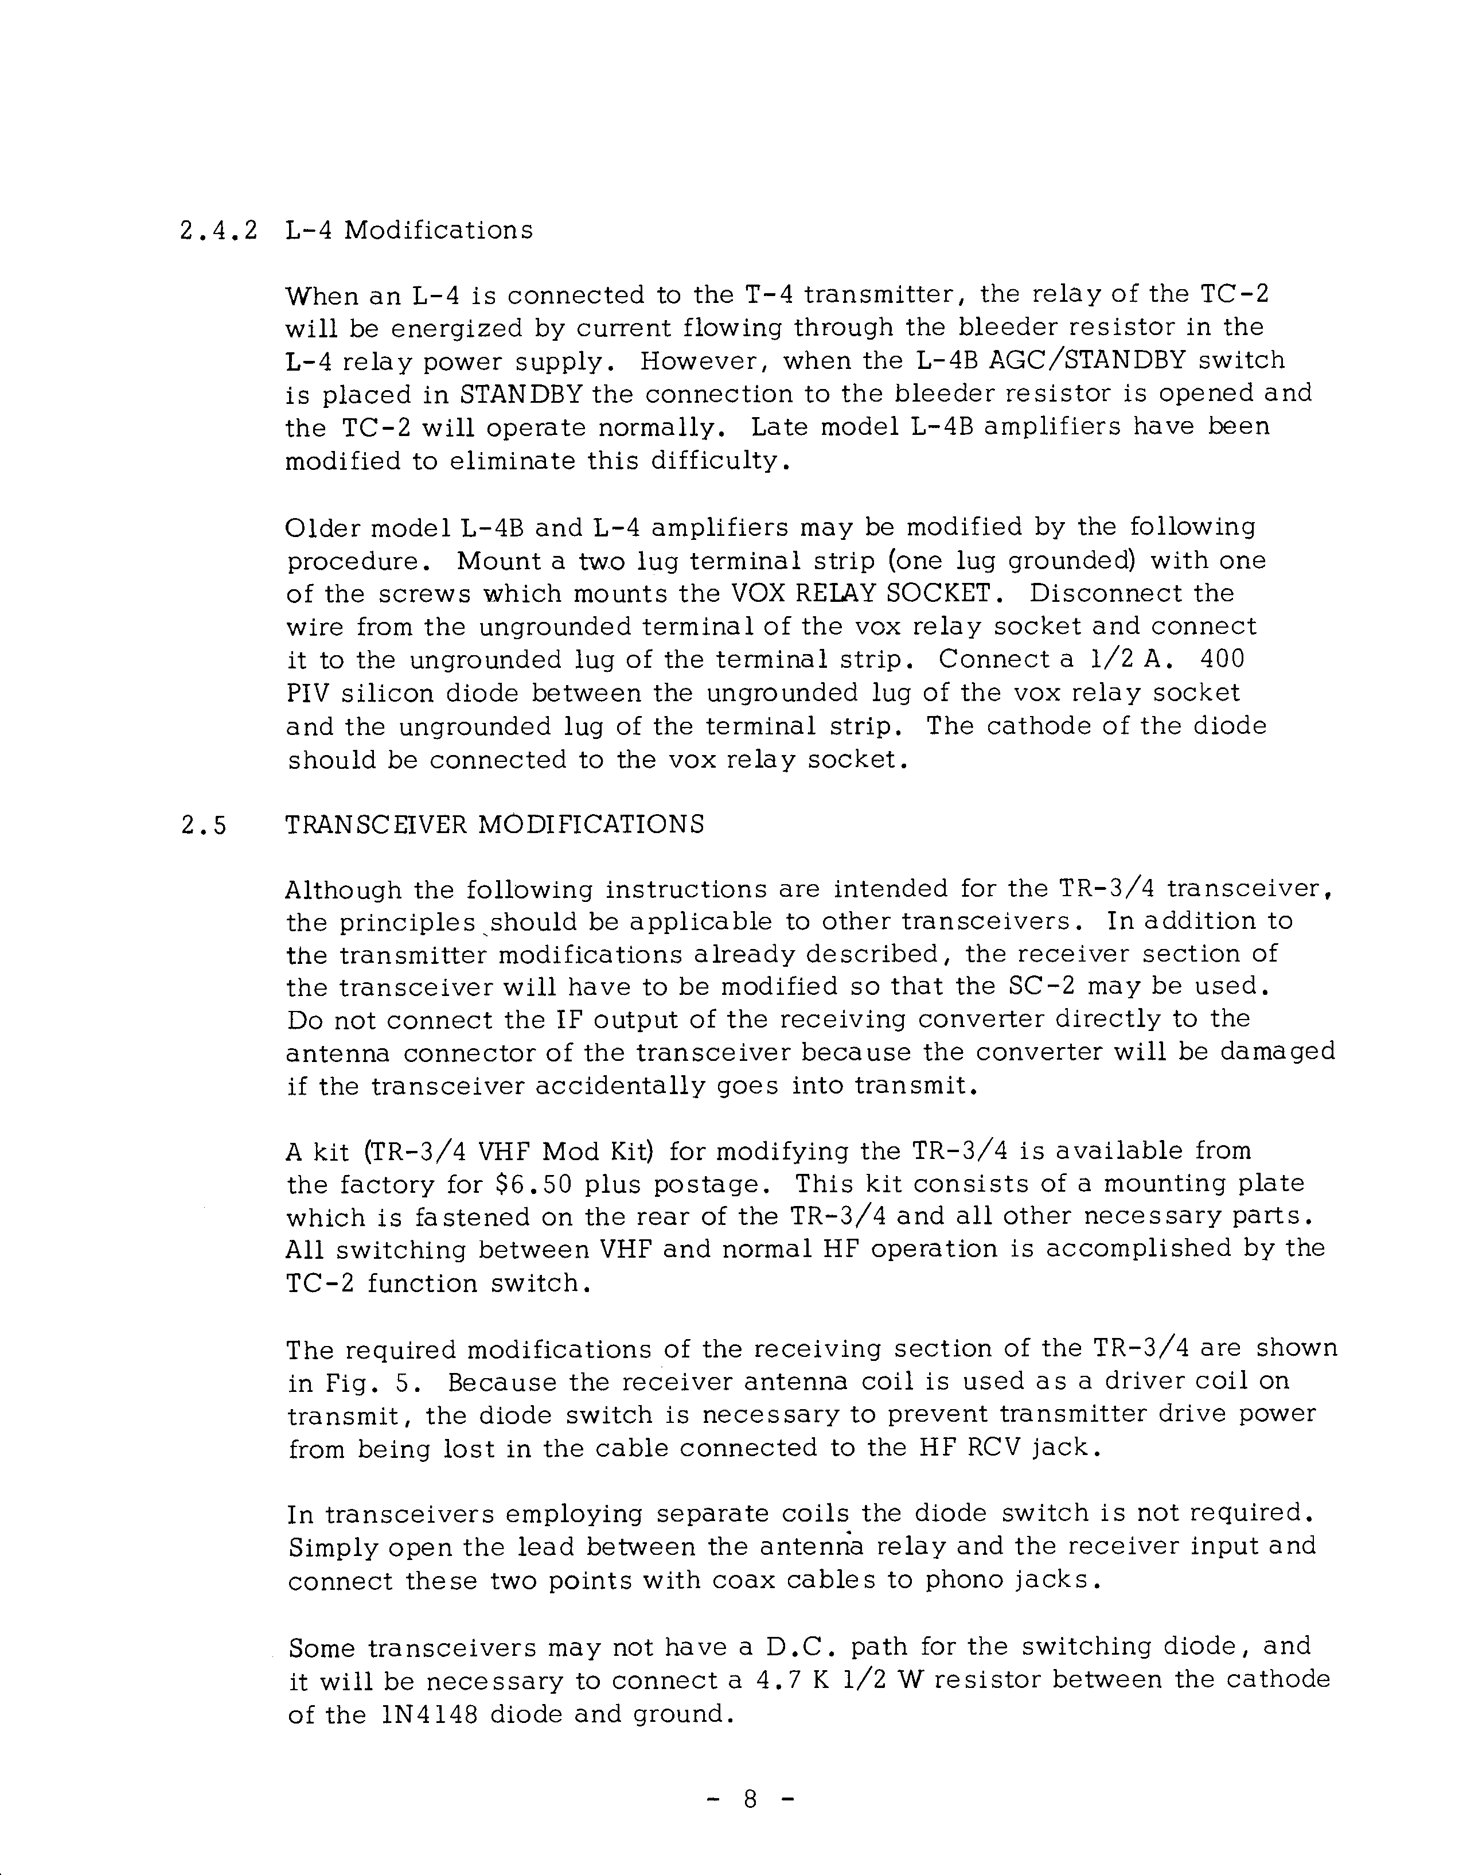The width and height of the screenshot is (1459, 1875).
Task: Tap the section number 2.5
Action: pos(204,825)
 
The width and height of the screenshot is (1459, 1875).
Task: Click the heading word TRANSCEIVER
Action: pos(376,825)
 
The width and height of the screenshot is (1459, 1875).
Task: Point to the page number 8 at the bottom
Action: pos(750,1798)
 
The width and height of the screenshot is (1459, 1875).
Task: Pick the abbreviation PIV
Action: pos(305,694)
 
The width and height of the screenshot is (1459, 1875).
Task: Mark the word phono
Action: pos(964,1581)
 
